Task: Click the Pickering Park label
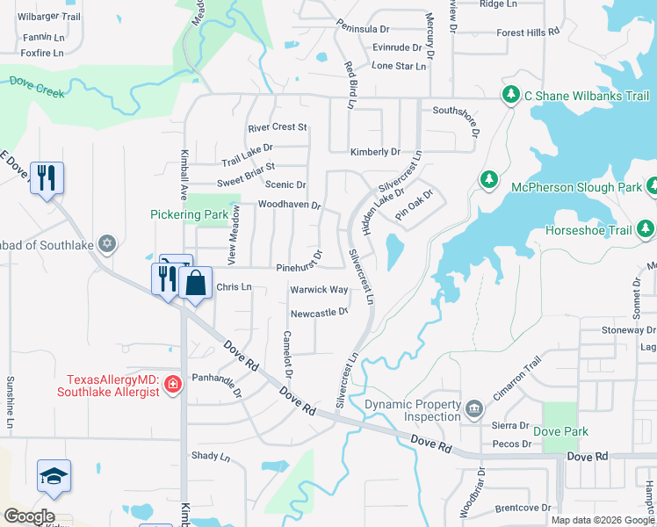click(189, 213)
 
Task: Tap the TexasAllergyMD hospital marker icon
click(173, 384)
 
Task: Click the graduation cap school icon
click(54, 476)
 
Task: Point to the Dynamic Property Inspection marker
click(473, 408)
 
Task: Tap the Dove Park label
click(560, 431)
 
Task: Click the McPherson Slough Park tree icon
click(489, 180)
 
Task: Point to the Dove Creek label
click(38, 83)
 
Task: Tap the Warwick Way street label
click(319, 290)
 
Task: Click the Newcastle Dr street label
click(320, 312)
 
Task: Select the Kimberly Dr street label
click(375, 152)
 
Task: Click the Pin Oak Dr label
click(415, 204)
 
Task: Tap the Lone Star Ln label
click(398, 66)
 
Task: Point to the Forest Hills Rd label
click(528, 32)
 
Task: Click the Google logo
click(28, 516)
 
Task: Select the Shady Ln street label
click(210, 457)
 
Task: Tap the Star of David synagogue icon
click(107, 243)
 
